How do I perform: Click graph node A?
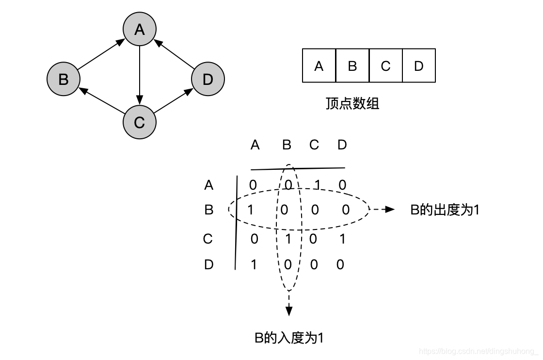140,30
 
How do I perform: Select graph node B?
64,79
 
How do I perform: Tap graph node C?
140,122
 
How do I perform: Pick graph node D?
208,79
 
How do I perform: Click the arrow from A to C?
140,75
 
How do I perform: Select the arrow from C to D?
173,101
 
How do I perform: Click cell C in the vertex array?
385,65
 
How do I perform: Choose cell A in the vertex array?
319,65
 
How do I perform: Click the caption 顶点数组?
352,103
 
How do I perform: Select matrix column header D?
342,145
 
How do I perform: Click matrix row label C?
208,239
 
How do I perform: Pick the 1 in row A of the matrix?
318,185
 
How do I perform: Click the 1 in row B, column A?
251,210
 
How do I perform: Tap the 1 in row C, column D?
342,239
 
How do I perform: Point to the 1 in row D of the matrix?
254,264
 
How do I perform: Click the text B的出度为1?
445,210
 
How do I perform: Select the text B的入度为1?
289,338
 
